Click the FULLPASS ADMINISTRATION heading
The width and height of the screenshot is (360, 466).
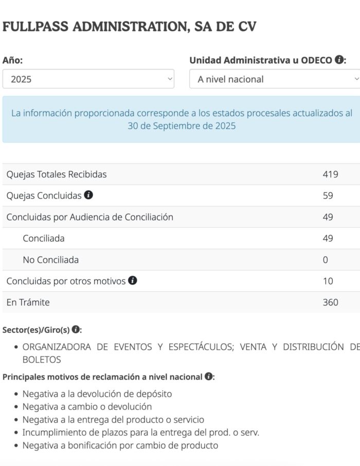coord(129,27)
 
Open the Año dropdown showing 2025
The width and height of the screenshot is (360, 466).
coord(88,79)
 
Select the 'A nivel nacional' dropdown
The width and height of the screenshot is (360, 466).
coord(274,79)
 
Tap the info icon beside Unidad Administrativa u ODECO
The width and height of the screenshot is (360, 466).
coord(339,60)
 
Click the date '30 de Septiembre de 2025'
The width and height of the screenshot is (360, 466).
coord(182,126)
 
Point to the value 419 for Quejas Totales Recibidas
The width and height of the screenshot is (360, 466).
coord(330,174)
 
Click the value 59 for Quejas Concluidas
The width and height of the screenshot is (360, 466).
coord(328,196)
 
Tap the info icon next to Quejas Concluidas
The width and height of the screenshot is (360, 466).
coord(88,195)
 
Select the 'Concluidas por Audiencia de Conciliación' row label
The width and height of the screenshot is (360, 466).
coord(89,217)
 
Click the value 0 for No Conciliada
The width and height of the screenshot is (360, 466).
coord(325,260)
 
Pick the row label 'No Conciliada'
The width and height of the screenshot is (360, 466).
coord(50,260)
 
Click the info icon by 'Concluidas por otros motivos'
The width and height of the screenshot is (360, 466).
coord(133,281)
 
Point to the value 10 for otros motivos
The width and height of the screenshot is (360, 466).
coord(328,281)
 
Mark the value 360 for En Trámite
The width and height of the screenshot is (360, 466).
coord(330,302)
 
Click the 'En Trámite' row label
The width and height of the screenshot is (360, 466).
coord(28,302)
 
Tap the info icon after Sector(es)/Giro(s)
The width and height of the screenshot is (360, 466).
coord(76,329)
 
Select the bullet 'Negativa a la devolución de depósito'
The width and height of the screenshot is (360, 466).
coord(97,394)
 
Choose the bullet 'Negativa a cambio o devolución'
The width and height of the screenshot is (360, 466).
coord(87,407)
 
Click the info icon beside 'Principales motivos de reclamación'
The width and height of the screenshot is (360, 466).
coord(208,377)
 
